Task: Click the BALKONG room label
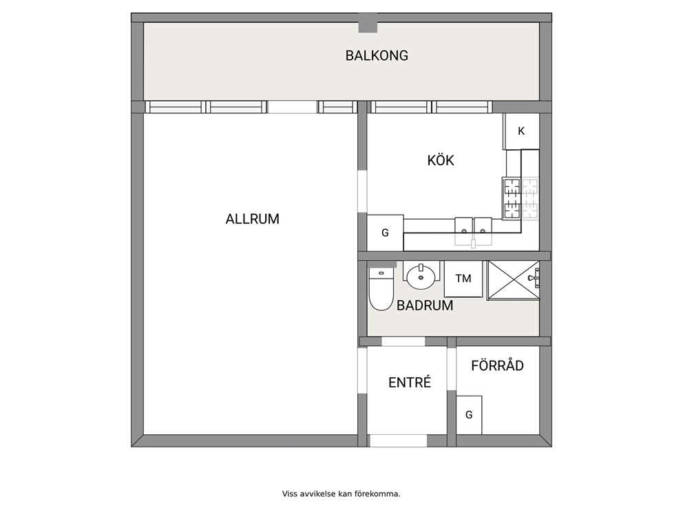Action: point(377,56)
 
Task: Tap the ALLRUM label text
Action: point(252,219)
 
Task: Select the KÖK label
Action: point(441,160)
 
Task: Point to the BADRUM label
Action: point(425,305)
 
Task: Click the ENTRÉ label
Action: point(410,382)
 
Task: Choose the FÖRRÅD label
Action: point(497,365)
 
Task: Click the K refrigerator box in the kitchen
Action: point(521,131)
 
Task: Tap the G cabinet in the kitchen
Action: point(385,233)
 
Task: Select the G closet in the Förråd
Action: point(469,415)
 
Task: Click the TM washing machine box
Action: point(463,279)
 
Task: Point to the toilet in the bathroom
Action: point(381,288)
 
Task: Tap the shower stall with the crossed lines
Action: point(514,280)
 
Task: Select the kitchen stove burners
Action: point(521,198)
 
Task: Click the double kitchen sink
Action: point(474,231)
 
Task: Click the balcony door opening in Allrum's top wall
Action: point(293,107)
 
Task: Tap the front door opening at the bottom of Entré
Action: point(398,440)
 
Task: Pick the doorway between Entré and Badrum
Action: point(403,341)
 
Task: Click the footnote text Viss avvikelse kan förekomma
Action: point(341,493)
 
